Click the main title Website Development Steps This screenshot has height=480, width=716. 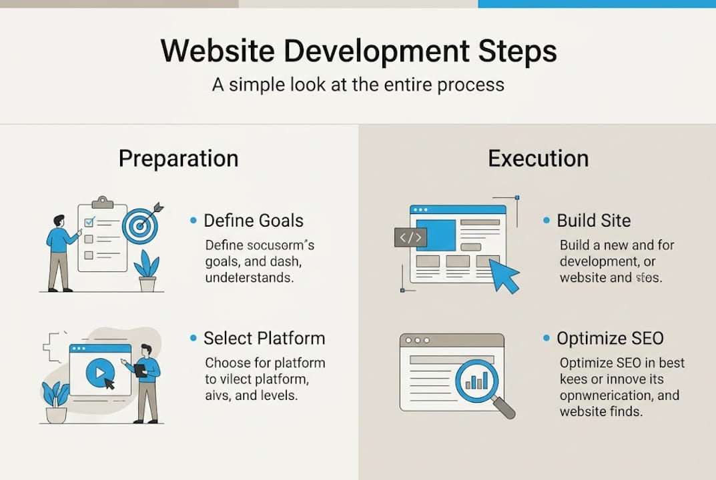(358, 53)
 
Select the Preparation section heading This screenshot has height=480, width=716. (178, 159)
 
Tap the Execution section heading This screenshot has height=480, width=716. (538, 159)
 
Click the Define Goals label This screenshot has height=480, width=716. (253, 221)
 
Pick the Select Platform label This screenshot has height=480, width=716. (264, 338)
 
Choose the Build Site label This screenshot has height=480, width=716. (593, 221)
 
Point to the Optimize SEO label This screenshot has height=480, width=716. (610, 338)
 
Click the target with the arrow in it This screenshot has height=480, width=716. (140, 225)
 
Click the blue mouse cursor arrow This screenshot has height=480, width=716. (504, 275)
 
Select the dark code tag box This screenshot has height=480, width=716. (410, 237)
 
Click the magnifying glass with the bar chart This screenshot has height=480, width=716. (479, 381)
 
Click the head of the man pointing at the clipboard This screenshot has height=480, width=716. (59, 221)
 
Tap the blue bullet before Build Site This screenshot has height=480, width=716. (547, 221)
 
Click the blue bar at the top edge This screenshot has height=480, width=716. (597, 3)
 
